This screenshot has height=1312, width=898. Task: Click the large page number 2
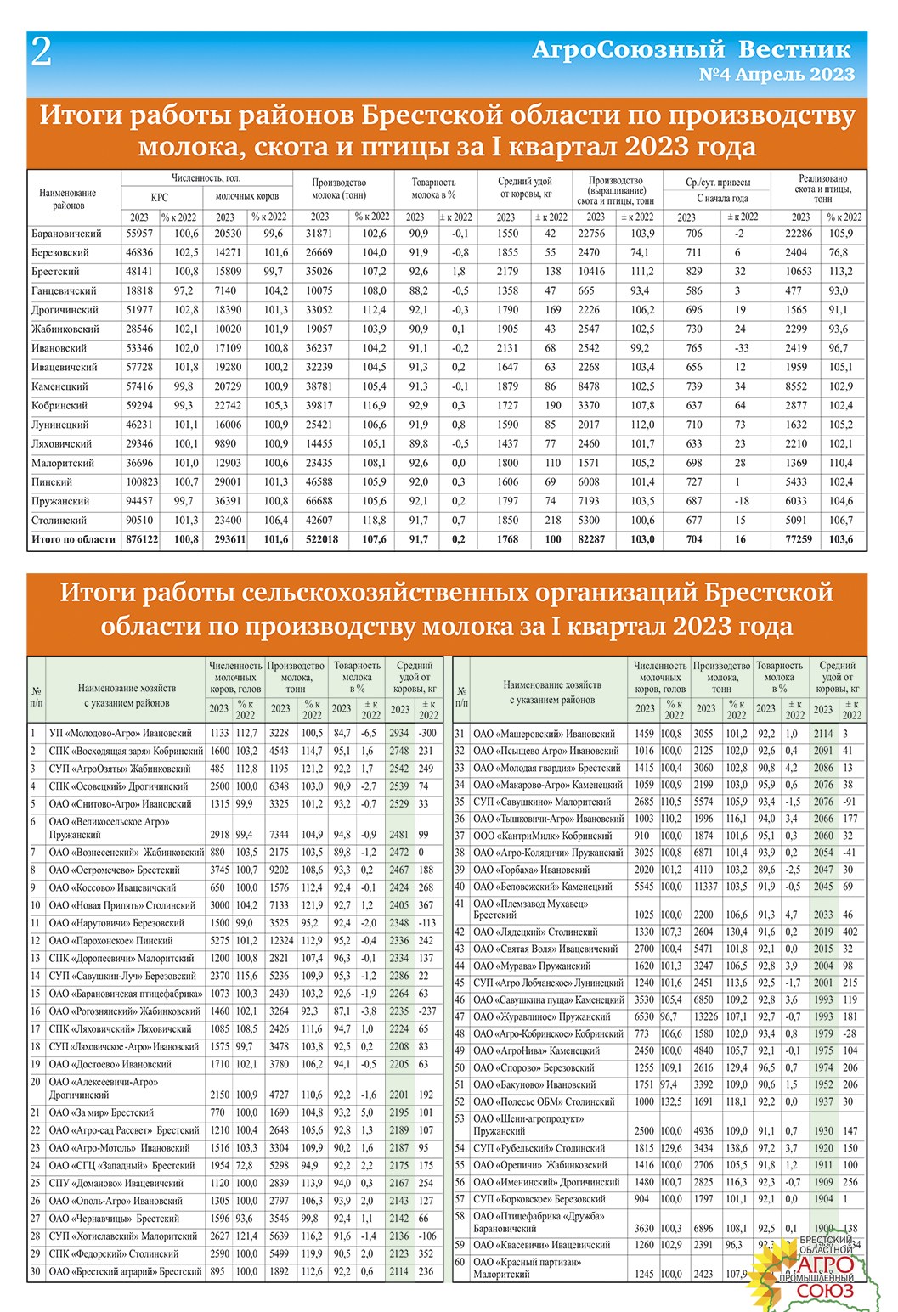coord(41,53)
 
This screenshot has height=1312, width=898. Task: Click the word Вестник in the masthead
coord(794,49)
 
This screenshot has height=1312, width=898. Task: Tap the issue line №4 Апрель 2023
coord(776,75)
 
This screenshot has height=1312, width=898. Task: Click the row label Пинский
coord(52,482)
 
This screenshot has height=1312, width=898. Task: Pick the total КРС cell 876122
coord(141,539)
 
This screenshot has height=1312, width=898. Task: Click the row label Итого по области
coord(73,539)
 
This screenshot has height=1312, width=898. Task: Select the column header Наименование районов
coord(68,199)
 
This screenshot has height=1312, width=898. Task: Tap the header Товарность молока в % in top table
coord(433,188)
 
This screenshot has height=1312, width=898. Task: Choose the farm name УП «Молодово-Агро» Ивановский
coord(120,733)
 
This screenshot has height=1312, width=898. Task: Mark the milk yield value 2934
coord(399,733)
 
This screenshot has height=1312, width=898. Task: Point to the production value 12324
coord(281,941)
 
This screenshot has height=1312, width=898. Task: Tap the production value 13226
coord(706,1016)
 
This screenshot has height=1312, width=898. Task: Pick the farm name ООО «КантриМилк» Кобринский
coord(542,836)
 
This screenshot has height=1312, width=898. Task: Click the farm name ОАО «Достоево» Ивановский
coord(113,1064)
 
